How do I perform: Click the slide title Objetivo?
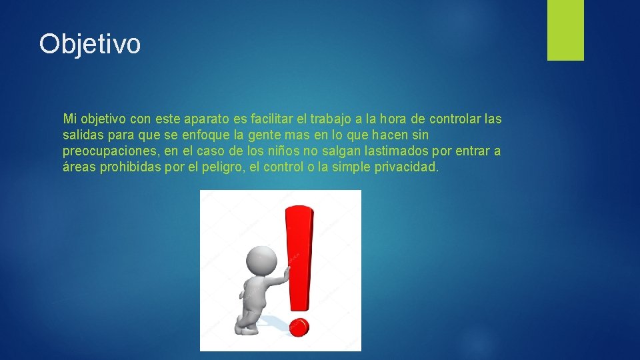point(90,44)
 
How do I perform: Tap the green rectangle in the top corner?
point(565,30)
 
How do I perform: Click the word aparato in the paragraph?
point(206,119)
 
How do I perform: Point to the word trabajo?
point(331,119)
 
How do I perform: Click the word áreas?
point(79,167)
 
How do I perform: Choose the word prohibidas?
point(131,167)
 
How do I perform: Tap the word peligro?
point(222,167)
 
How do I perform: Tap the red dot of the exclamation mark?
point(300,327)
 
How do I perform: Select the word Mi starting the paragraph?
point(69,119)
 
